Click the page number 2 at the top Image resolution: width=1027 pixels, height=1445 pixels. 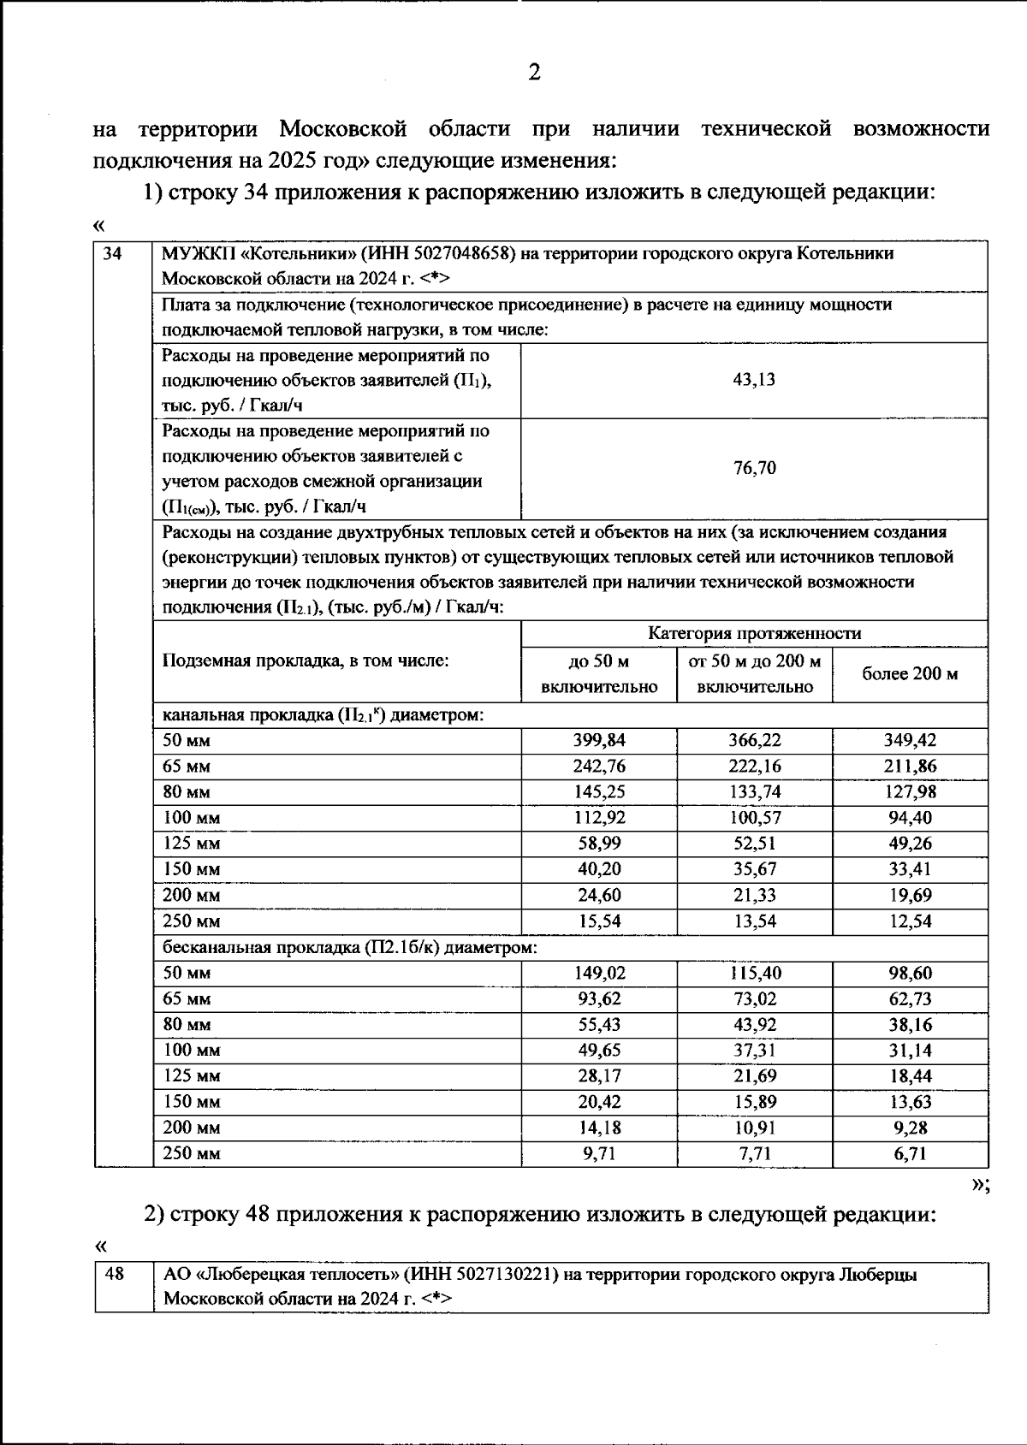533,73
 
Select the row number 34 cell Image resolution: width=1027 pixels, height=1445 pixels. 112,254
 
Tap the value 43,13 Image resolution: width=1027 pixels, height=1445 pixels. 754,380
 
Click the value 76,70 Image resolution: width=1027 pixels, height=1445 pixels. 754,468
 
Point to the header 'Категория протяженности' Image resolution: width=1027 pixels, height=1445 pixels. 754,633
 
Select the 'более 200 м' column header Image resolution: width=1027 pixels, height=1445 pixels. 910,674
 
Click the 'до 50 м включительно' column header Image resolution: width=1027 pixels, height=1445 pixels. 599,674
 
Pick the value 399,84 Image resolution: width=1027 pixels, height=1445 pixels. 599,740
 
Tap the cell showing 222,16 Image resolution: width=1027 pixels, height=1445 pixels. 754,766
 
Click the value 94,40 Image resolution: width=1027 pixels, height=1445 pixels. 910,817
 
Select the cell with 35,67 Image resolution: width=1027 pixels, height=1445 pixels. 754,868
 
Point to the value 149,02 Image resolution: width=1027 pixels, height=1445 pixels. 599,973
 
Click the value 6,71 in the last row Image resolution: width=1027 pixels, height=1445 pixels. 910,1153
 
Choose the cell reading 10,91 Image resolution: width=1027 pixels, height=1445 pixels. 754,1127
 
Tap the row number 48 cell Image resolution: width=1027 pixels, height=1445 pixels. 114,1274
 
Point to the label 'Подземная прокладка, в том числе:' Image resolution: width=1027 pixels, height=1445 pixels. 306,660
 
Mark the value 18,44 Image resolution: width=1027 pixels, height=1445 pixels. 910,1075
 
